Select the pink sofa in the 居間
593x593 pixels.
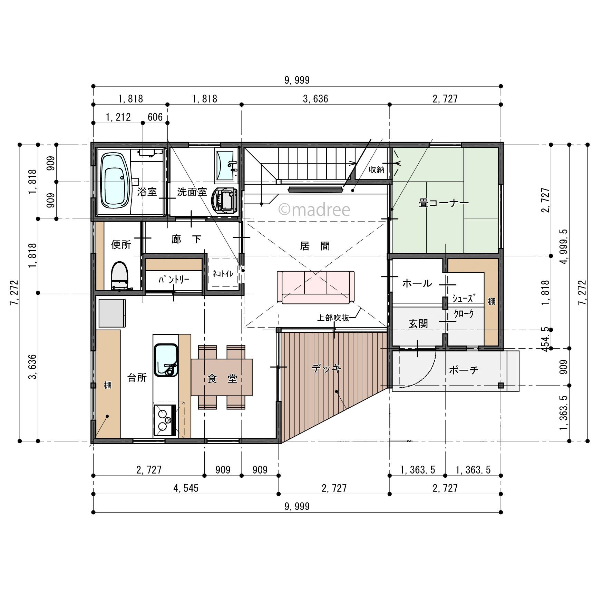[315, 287]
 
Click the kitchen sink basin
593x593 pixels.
[166, 360]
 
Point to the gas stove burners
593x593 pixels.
[164, 420]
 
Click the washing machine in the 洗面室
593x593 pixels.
[224, 200]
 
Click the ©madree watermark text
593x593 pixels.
[314, 210]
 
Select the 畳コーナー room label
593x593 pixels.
[444, 203]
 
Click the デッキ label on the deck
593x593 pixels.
[327, 368]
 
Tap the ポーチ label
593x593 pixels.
[464, 370]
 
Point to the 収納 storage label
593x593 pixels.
[376, 169]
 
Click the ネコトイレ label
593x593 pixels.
[223, 274]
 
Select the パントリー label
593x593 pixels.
[174, 279]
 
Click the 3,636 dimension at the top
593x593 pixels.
[315, 99]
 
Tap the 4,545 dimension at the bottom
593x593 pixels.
[186, 488]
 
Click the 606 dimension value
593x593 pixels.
[155, 117]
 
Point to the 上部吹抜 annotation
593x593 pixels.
[333, 318]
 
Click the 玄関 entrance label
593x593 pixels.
[418, 324]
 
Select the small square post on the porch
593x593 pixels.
[500, 386]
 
